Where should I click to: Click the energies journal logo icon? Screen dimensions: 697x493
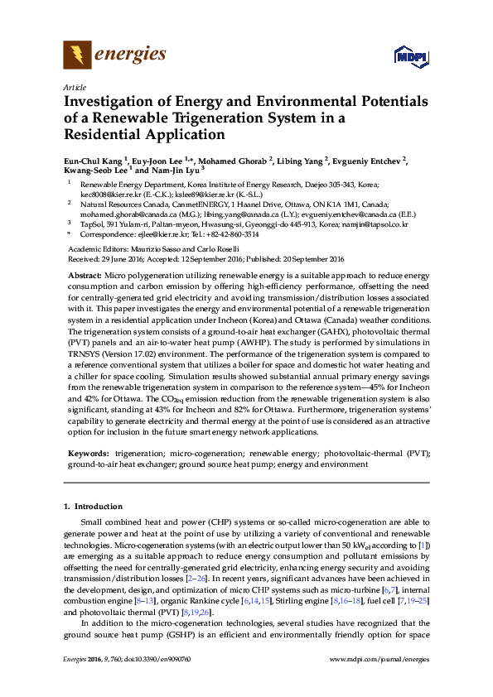(78, 55)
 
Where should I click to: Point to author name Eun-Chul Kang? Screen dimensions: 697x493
(93, 161)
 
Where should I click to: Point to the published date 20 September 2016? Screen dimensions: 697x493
(317, 259)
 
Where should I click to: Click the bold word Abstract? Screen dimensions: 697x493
(85, 274)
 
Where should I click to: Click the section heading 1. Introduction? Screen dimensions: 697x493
(93, 507)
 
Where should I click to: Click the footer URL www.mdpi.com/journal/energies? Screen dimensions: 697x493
(379, 681)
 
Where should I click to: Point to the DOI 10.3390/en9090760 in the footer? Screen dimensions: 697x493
(162, 681)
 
